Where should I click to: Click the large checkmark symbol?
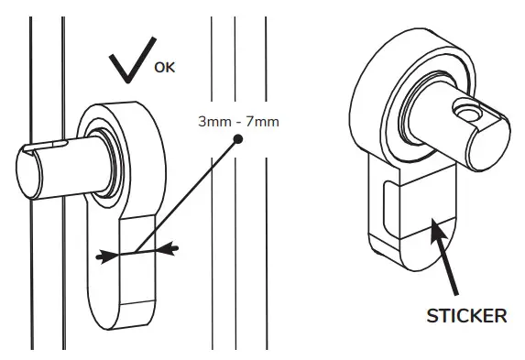(131, 66)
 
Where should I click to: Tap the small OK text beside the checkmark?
(163, 67)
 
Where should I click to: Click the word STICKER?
(468, 316)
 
